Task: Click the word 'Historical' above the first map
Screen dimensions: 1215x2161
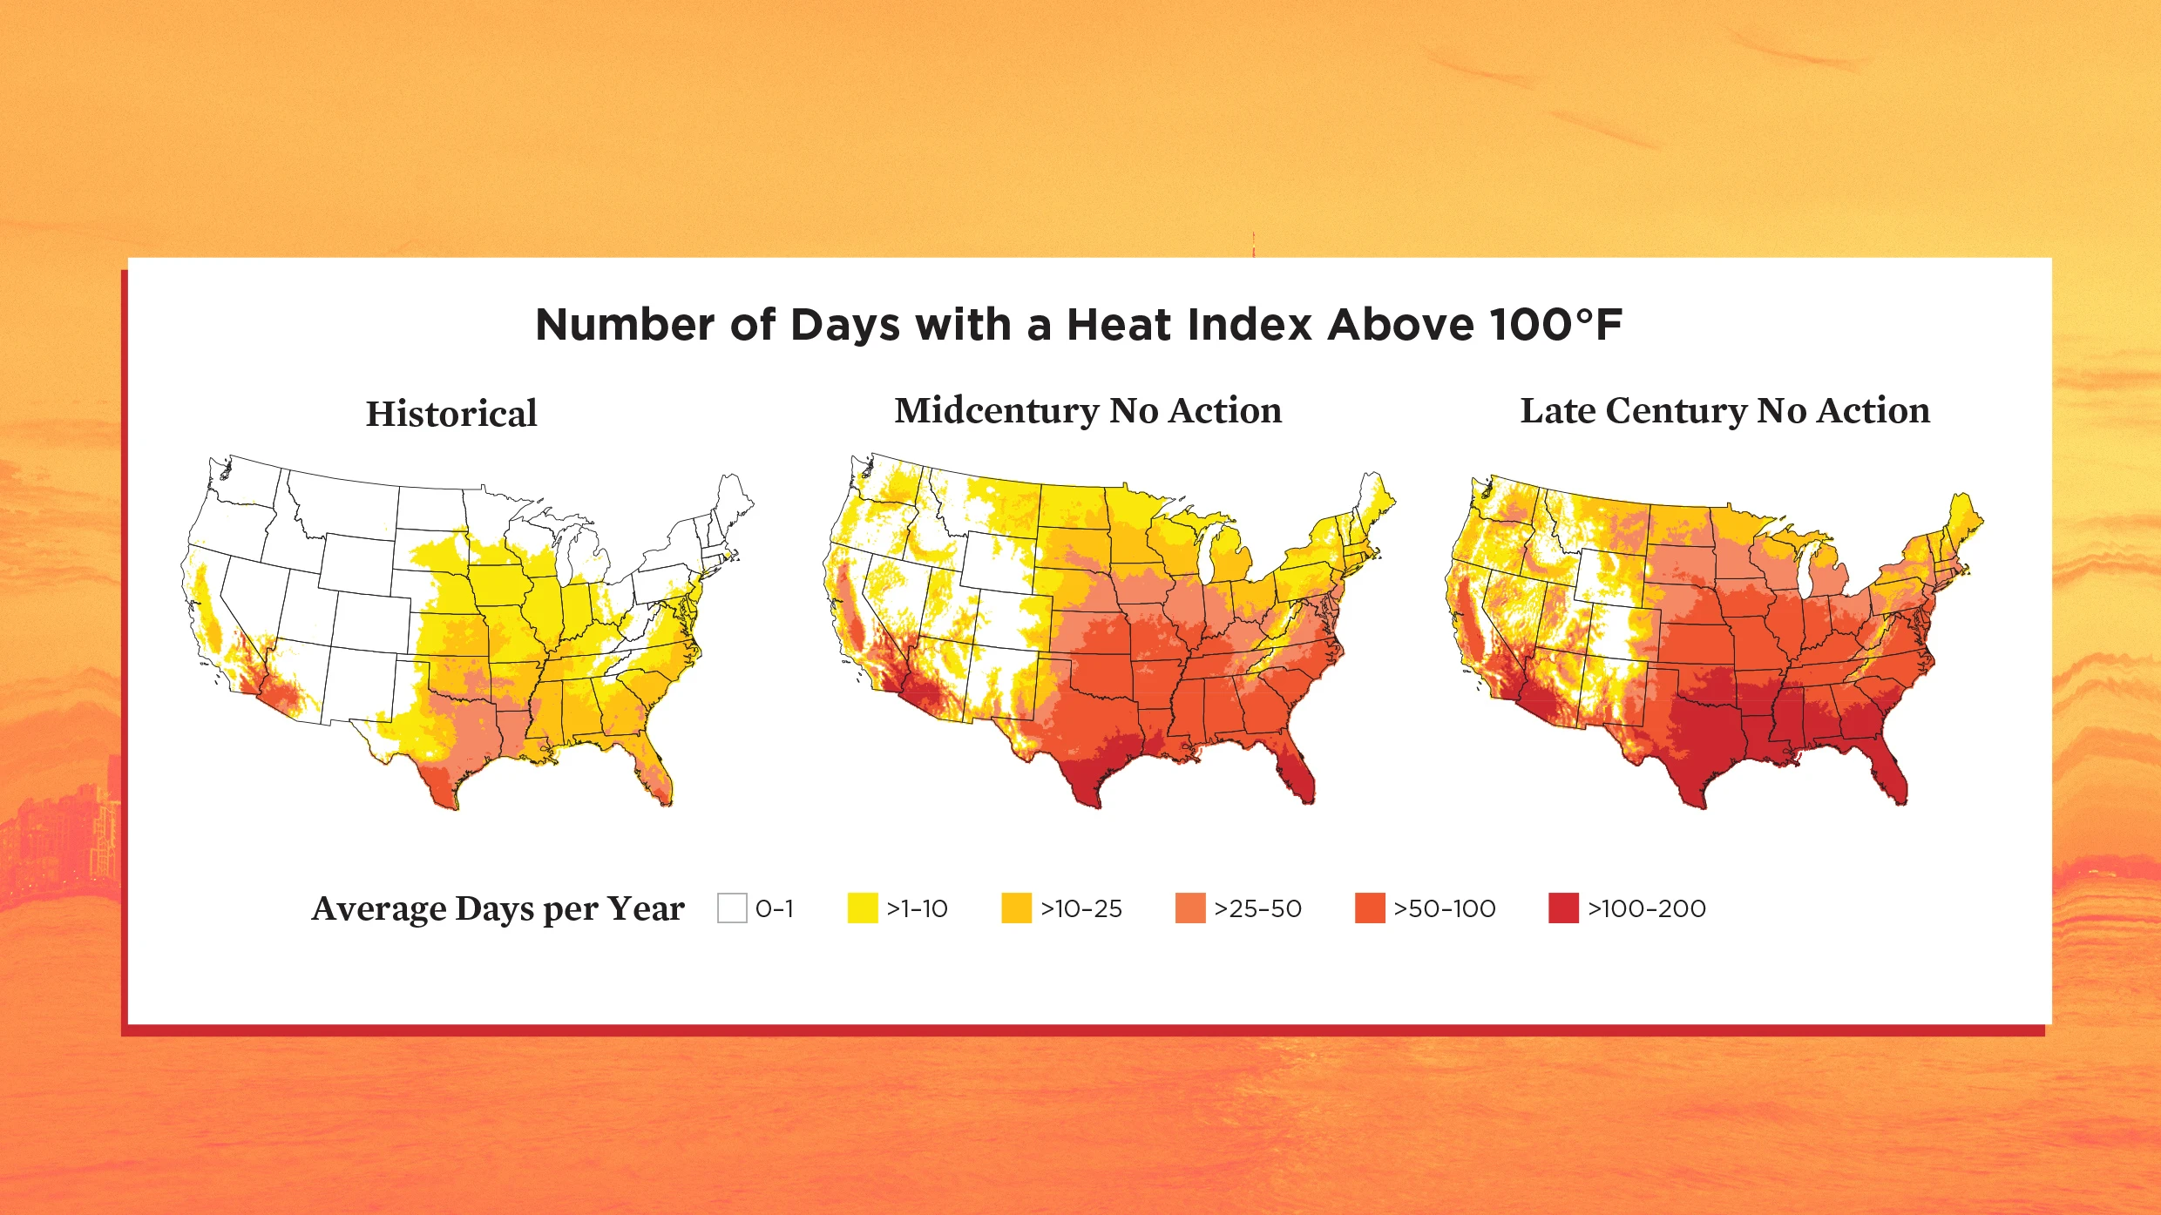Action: (x=450, y=414)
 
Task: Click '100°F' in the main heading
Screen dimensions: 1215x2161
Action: (x=1555, y=325)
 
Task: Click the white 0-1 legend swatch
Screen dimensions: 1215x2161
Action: (x=732, y=908)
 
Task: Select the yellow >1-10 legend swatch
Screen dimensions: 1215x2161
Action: (x=862, y=908)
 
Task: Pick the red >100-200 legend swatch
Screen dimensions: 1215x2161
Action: (x=1563, y=908)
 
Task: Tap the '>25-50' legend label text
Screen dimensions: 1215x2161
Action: (x=1257, y=908)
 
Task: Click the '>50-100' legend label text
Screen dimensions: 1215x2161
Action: (x=1444, y=908)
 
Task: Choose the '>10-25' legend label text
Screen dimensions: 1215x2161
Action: (x=1080, y=908)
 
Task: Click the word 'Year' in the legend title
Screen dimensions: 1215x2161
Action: (x=646, y=908)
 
